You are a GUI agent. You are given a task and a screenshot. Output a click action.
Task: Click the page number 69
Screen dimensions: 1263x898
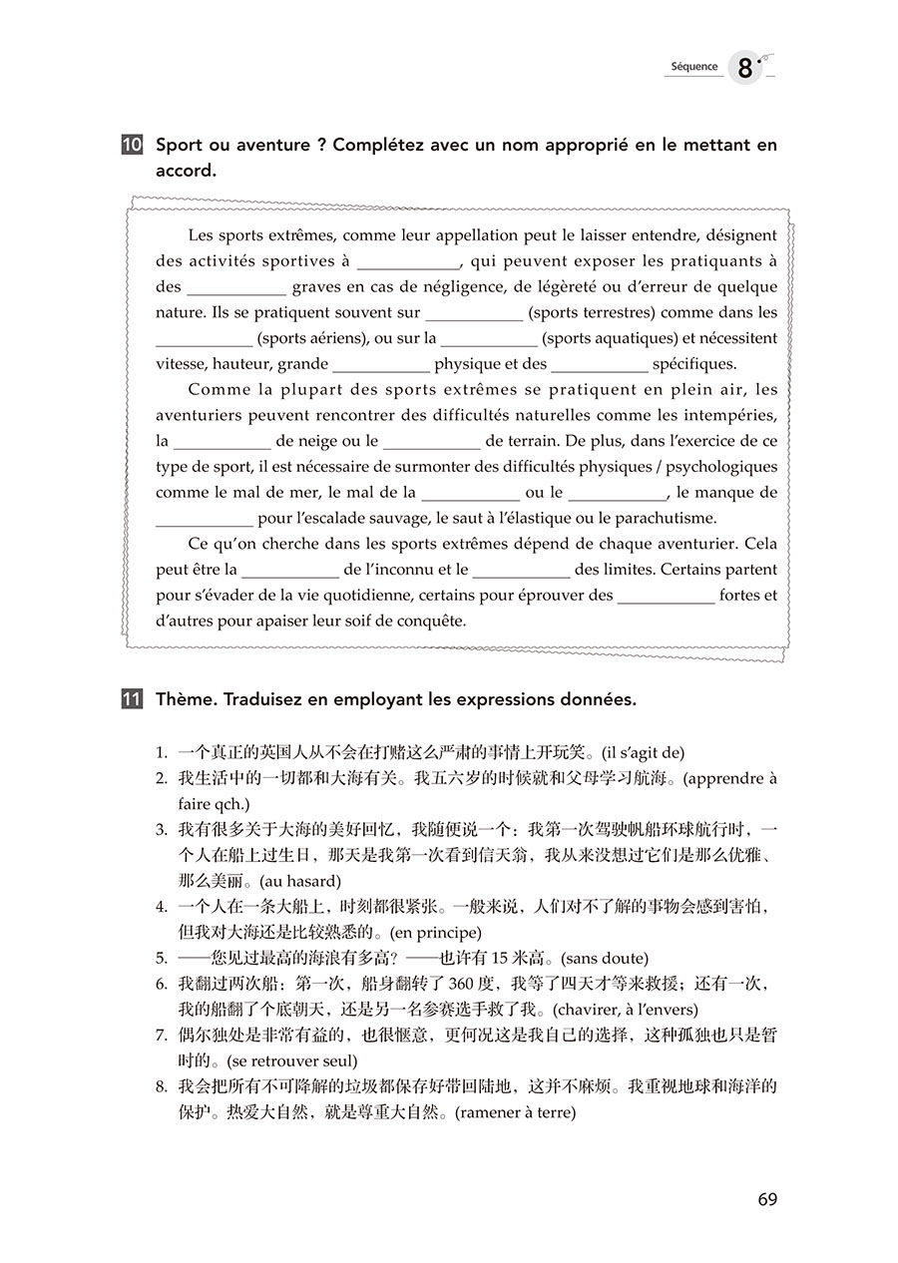coord(766,1199)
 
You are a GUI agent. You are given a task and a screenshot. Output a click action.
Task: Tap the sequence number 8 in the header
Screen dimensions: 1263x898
coord(745,69)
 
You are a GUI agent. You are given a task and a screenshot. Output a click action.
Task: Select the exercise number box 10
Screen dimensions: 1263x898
coord(132,146)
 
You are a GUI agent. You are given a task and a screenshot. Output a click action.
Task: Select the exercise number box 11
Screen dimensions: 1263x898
coord(132,699)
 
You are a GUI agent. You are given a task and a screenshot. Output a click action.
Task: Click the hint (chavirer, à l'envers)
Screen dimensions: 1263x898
coord(625,1011)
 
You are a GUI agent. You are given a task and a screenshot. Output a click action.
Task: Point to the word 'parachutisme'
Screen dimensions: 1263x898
coord(670,519)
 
